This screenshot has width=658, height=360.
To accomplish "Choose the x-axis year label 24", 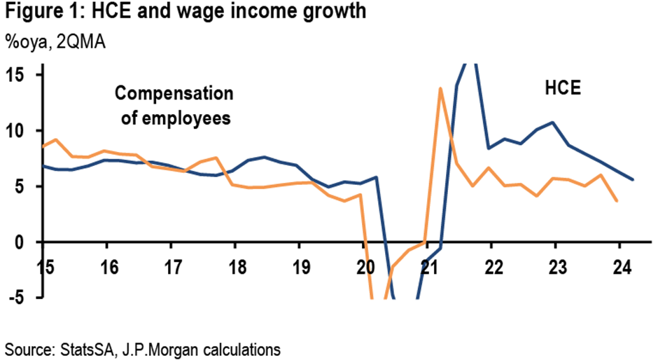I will (620, 267).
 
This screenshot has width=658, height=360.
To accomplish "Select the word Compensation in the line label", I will (173, 93).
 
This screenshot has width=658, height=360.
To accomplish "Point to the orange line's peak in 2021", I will (440, 88).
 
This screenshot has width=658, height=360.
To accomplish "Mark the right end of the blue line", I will (633, 180).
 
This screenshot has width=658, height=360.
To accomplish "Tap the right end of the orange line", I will (617, 201).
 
